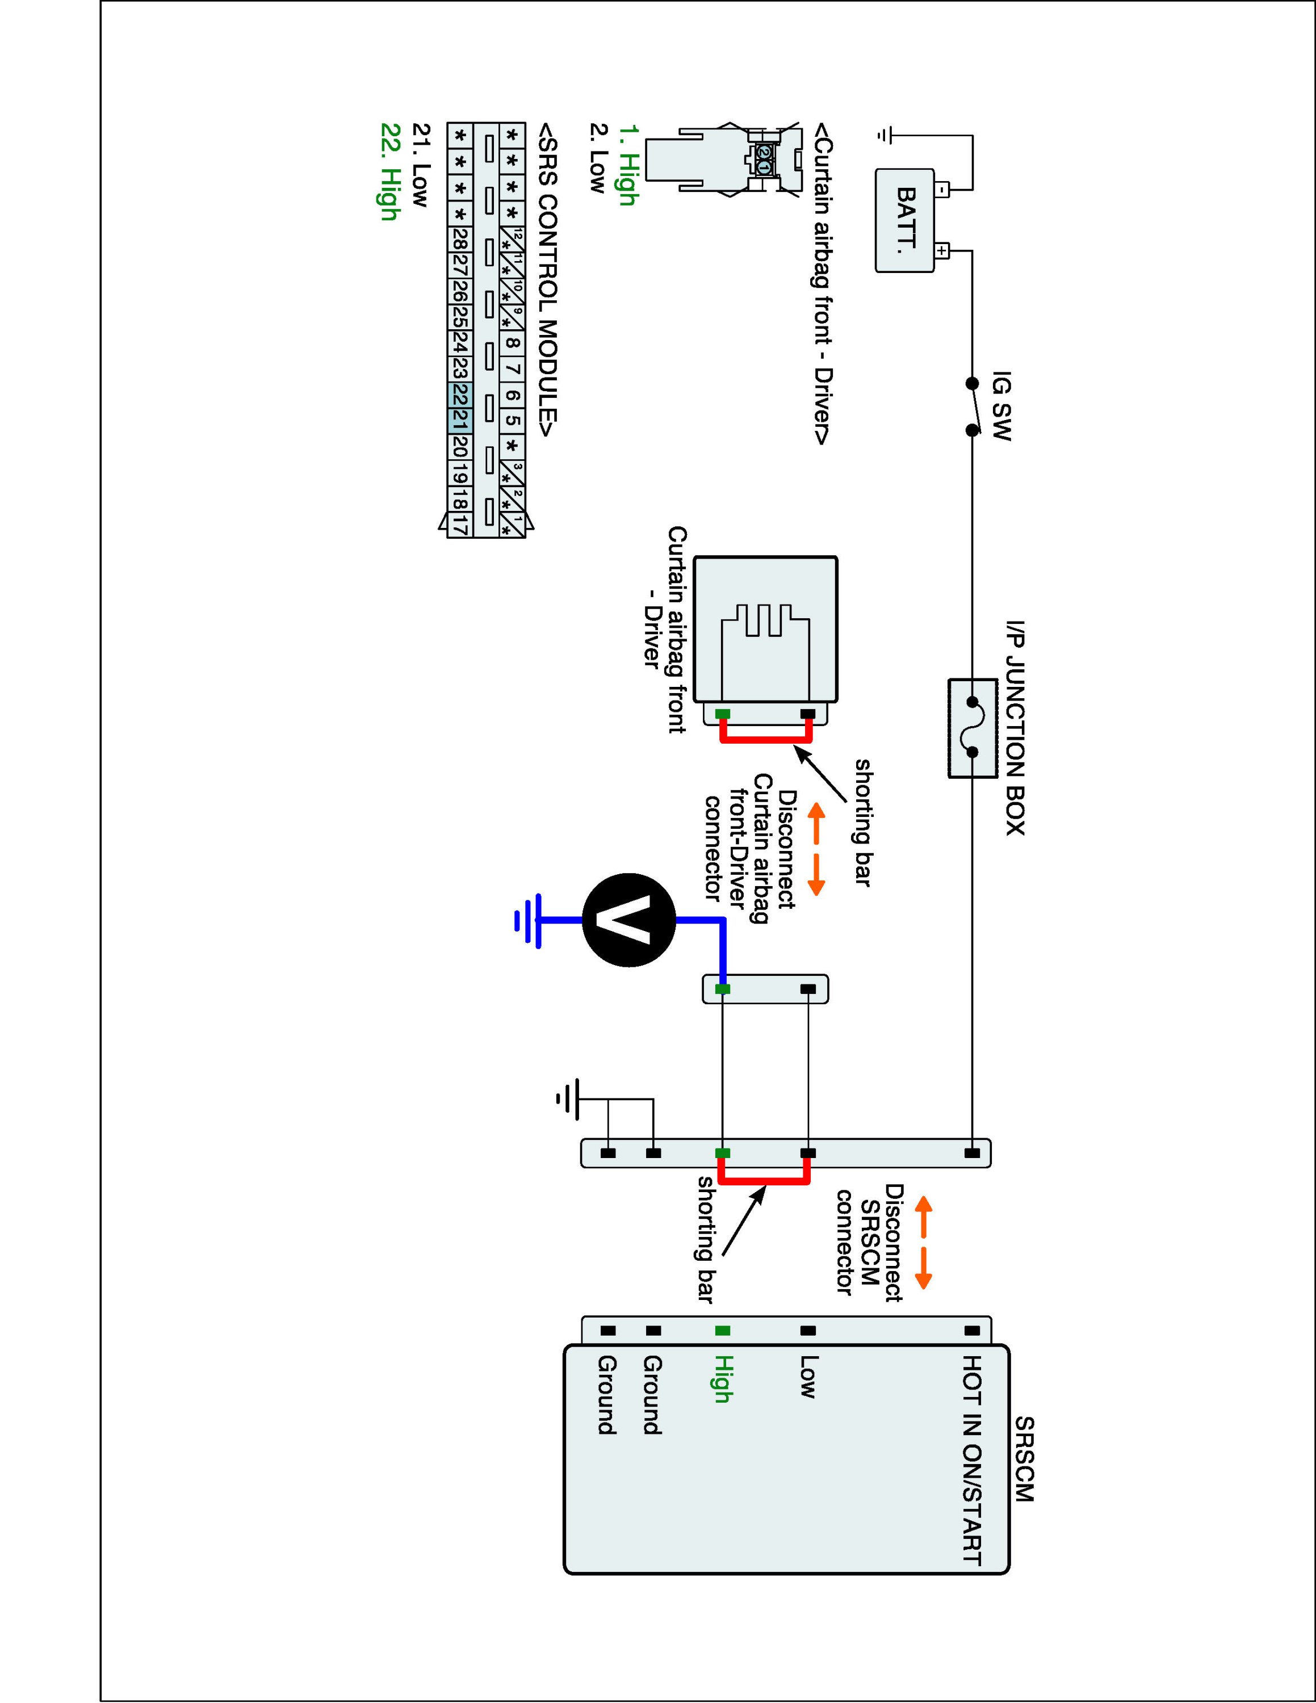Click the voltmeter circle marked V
point(629,921)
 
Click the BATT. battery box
point(904,221)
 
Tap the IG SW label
point(1001,406)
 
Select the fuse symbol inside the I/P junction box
point(972,728)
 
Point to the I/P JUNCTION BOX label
point(1015,728)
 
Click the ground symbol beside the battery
point(883,135)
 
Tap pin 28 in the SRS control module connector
point(460,240)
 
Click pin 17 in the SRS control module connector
point(460,524)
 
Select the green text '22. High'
point(390,171)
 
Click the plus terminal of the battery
point(942,251)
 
